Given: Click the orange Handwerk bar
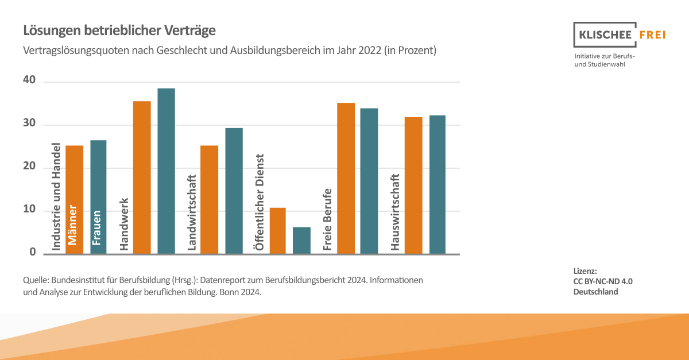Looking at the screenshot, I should (142, 177).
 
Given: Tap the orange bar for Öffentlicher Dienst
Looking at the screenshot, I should (277, 231).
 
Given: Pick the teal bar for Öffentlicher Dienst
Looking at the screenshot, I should (301, 241).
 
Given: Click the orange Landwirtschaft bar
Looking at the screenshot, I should (209, 200).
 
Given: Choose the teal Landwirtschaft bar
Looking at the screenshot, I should (234, 191).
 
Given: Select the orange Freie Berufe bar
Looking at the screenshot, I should (346, 178).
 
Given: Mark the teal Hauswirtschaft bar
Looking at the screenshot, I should (437, 184).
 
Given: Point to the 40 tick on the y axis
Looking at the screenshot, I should (29, 82).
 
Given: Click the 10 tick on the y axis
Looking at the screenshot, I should (29, 210).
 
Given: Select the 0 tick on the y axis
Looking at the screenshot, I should (32, 253).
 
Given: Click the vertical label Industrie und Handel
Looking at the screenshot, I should (56, 196).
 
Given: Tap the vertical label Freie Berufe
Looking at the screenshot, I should (328, 219).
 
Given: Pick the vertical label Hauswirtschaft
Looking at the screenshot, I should (395, 212).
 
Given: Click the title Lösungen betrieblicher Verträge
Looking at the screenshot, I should (119, 30).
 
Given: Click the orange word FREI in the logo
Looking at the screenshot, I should (652, 34).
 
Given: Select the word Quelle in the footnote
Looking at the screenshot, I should (35, 281).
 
